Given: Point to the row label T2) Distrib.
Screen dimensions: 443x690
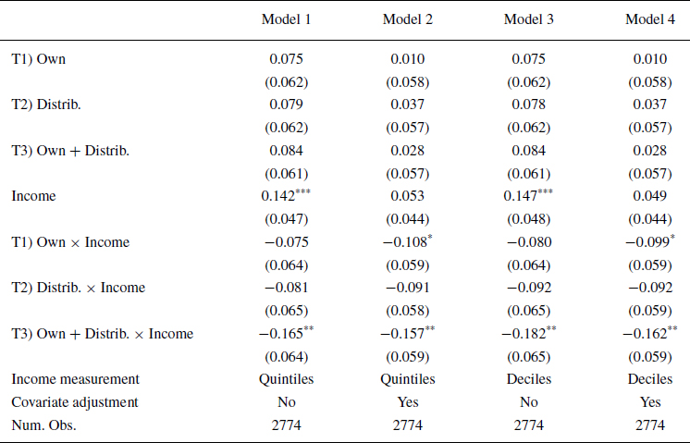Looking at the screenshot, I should (46, 105).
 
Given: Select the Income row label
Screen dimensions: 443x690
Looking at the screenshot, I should (33, 195).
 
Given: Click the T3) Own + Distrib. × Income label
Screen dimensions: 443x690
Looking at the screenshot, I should (102, 333).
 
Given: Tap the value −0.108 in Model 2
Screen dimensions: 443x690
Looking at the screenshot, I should (404, 241).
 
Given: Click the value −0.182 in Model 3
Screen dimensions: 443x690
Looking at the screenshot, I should (525, 333).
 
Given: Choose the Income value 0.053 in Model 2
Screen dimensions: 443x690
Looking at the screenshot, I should (407, 195).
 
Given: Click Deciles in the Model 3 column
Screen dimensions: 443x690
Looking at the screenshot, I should (528, 379).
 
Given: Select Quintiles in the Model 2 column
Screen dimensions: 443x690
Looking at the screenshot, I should (407, 379).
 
